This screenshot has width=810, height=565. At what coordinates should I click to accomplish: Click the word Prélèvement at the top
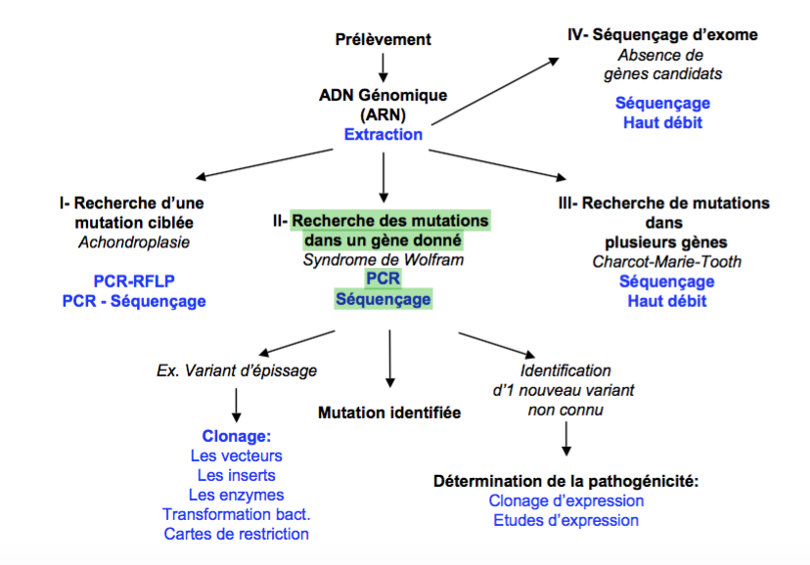(x=382, y=40)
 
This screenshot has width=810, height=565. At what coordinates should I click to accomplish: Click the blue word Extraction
(x=382, y=134)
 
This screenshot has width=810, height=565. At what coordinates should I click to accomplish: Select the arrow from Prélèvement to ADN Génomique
(x=382, y=66)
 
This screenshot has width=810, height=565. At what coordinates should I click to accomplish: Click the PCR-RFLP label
(x=133, y=281)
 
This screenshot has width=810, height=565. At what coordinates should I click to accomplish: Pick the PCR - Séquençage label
(x=133, y=301)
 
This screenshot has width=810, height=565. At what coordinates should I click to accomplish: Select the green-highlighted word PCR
(x=382, y=280)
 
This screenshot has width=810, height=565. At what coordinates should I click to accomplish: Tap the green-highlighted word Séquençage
(x=382, y=299)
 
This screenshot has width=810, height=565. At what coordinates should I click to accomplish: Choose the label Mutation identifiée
(x=389, y=413)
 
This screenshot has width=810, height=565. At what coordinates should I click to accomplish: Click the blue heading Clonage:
(x=236, y=436)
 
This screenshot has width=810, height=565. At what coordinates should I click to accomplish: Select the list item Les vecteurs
(x=236, y=456)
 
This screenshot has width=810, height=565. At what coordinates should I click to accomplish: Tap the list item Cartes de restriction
(x=236, y=534)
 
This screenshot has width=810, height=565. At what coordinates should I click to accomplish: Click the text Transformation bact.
(x=236, y=514)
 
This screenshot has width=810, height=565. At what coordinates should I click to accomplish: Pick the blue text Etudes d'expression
(x=565, y=520)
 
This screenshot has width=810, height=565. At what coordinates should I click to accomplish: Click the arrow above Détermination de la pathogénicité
(x=565, y=445)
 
